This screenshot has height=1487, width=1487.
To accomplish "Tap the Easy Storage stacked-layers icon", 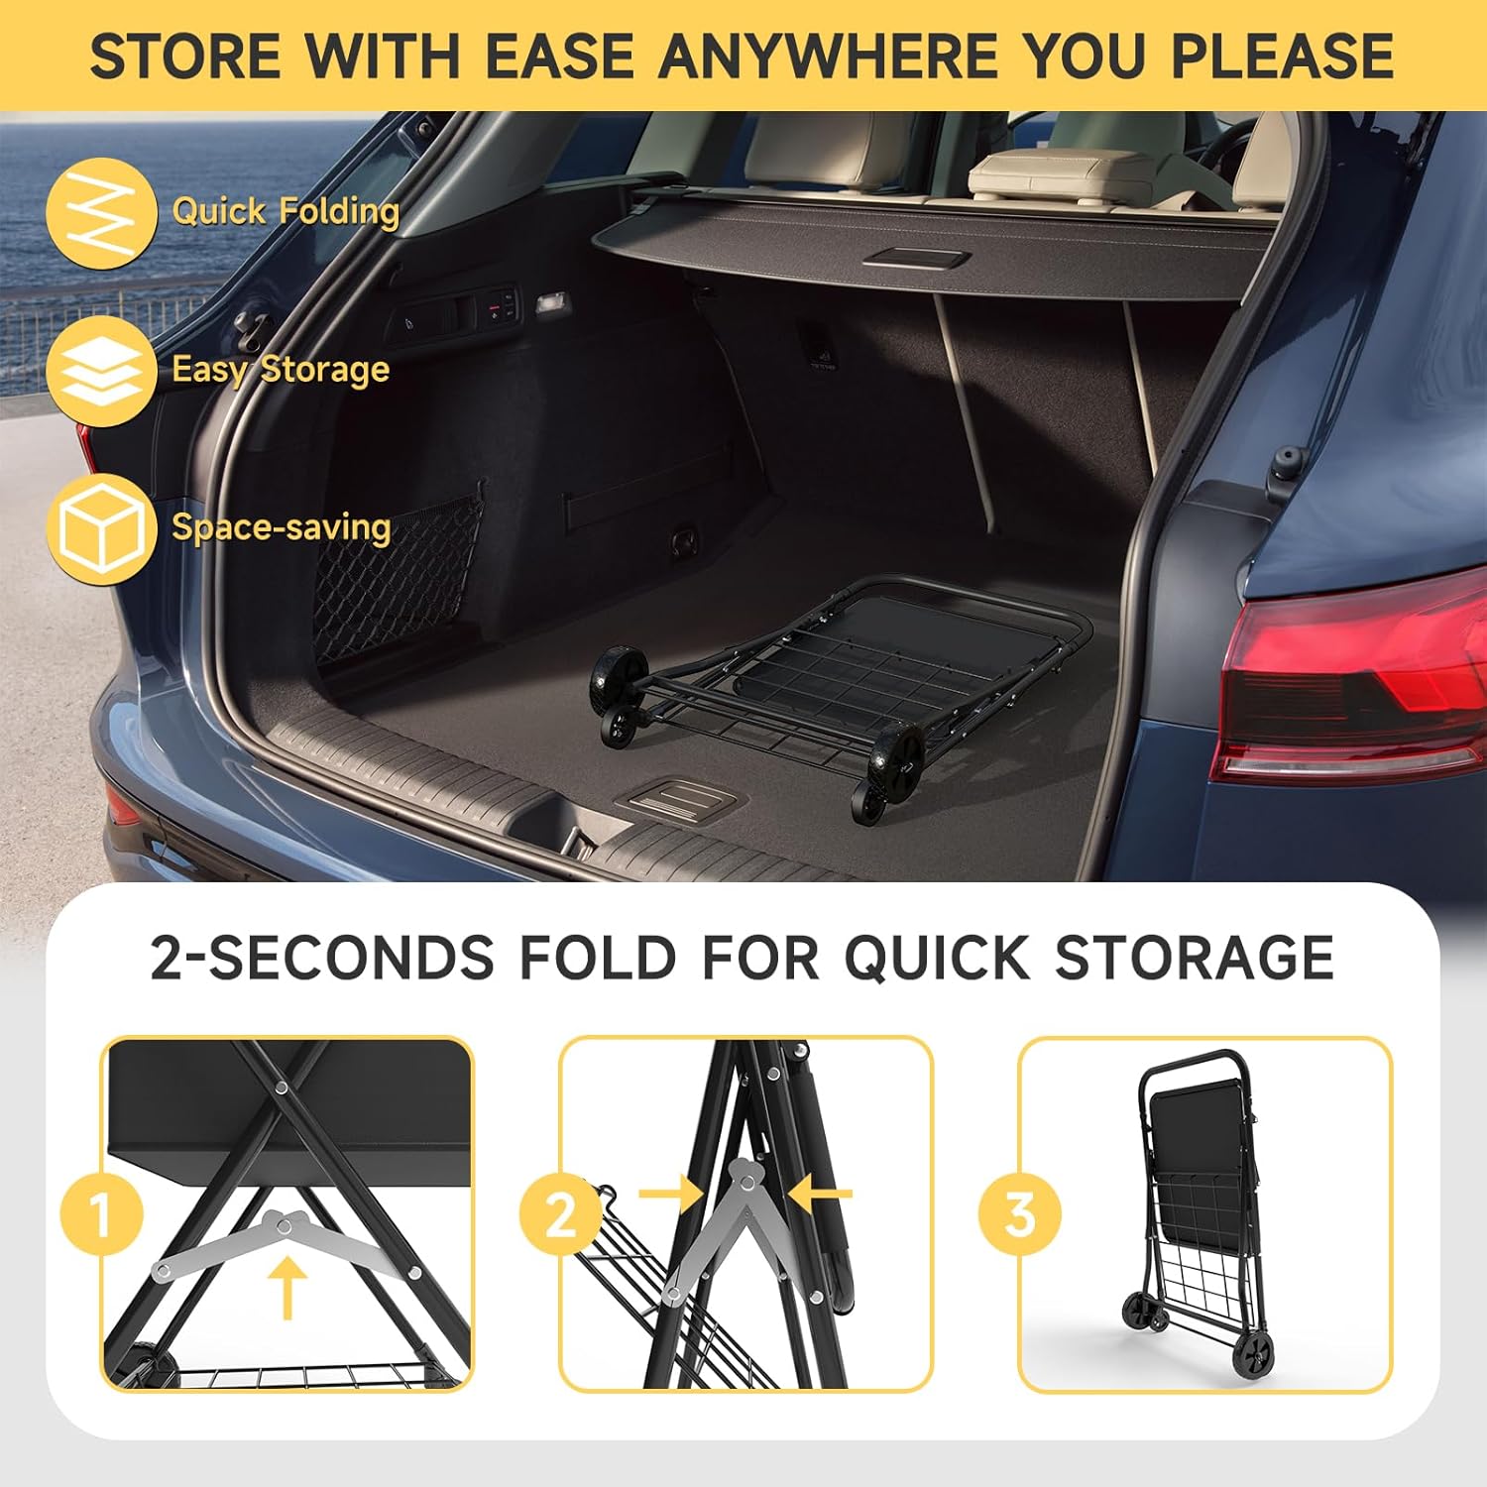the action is pyautogui.click(x=101, y=371).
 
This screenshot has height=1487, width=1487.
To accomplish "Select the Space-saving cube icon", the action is pyautogui.click(x=101, y=528).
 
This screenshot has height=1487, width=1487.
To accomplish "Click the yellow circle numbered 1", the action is pyautogui.click(x=102, y=1213).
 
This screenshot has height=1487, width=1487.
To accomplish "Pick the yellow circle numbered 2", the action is pyautogui.click(x=561, y=1213).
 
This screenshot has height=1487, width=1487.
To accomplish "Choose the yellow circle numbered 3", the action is pyautogui.click(x=1020, y=1213).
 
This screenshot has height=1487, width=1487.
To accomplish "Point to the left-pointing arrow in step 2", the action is pyautogui.click(x=820, y=1193).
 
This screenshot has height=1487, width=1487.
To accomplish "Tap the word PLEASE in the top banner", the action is pyautogui.click(x=1284, y=56).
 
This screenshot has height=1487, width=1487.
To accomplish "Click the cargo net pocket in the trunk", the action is pyautogui.click(x=397, y=585).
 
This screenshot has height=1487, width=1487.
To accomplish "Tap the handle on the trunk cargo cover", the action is pyautogui.click(x=916, y=258).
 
